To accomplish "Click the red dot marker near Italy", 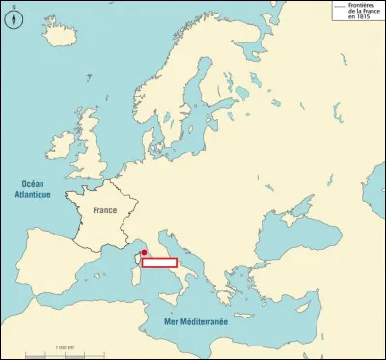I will pyautogui.click(x=144, y=252).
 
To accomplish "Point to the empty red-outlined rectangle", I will pyautogui.click(x=159, y=262).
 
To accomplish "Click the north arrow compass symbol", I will pyautogui.click(x=13, y=15).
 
